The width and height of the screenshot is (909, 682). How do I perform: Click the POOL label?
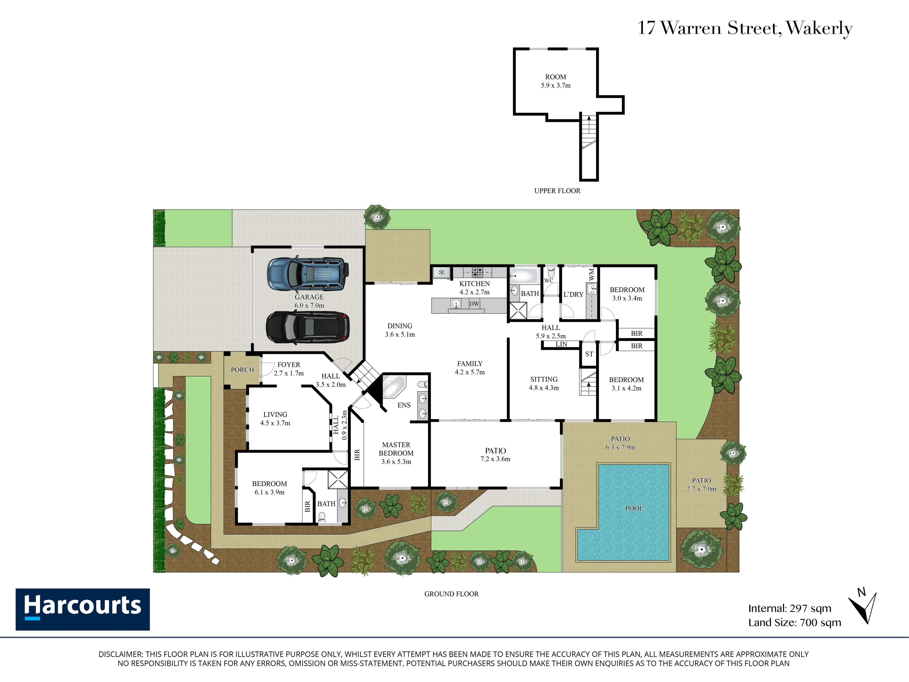click(x=634, y=509)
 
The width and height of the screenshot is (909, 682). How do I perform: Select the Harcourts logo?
click(x=82, y=609)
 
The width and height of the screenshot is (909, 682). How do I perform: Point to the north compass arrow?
click(x=863, y=608)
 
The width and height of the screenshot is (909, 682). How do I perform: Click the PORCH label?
click(x=242, y=370)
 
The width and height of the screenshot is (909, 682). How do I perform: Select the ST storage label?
click(x=589, y=354)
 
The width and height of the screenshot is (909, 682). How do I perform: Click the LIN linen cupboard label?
click(x=561, y=344)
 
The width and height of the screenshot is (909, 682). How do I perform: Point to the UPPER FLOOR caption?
click(x=557, y=191)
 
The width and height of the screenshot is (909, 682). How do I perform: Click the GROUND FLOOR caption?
click(x=452, y=594)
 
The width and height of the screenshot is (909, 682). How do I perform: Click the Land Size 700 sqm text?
click(x=795, y=622)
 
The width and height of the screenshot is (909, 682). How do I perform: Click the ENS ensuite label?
click(x=404, y=405)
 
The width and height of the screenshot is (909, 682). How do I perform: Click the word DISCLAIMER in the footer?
click(x=120, y=654)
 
